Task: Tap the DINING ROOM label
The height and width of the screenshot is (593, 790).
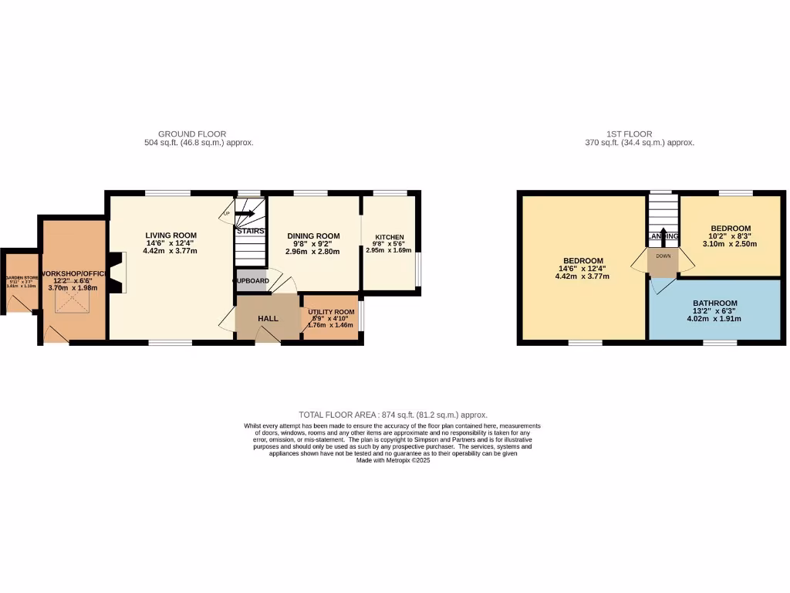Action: coord(313,236)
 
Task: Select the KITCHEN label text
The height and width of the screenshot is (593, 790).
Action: coord(390,237)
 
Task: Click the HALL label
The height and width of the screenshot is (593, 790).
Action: coord(268,318)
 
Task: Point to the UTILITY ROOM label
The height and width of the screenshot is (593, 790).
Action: coord(330,312)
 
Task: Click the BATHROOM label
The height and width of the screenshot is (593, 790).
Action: coord(714,303)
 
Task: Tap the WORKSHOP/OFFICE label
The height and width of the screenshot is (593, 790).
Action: coord(74,274)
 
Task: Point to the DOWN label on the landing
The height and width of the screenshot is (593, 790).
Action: coord(663,256)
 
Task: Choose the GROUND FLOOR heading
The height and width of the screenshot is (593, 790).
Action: coord(192,134)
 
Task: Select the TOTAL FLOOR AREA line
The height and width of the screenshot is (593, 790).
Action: coord(393,415)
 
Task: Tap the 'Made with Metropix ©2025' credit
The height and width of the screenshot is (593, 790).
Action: coord(393,460)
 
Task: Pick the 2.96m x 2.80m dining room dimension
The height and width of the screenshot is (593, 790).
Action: coord(313,251)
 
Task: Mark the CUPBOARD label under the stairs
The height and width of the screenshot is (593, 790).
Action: coord(252,281)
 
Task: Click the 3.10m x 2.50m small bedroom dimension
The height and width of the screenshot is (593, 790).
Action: coord(730,243)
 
